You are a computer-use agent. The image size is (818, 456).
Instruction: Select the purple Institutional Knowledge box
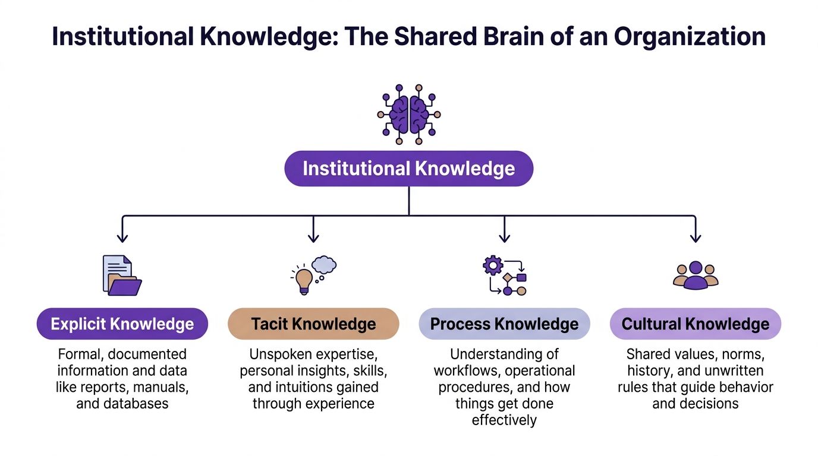(x=409, y=169)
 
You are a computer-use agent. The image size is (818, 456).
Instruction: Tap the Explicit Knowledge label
(x=122, y=324)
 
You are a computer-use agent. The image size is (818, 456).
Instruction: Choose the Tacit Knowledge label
(x=313, y=324)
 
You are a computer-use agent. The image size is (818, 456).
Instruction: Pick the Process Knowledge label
(x=504, y=324)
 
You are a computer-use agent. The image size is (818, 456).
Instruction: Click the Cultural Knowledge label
(x=696, y=324)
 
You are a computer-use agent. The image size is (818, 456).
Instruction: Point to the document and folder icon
(x=122, y=275)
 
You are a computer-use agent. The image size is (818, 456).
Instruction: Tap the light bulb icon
(x=304, y=280)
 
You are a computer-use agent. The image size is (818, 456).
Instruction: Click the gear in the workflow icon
(x=493, y=265)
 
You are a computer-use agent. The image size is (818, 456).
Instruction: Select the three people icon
(x=696, y=275)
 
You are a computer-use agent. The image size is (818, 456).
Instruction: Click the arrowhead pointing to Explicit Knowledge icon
(x=122, y=238)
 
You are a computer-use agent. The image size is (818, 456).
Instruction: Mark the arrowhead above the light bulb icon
(x=313, y=238)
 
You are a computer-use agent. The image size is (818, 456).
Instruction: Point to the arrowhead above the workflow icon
(x=504, y=238)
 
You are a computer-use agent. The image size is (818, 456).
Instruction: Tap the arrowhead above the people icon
(x=696, y=238)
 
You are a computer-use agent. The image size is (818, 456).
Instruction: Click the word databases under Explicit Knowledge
(x=122, y=404)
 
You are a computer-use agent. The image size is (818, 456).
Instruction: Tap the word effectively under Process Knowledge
(x=504, y=420)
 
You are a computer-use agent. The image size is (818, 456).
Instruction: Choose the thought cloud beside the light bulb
(x=325, y=264)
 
